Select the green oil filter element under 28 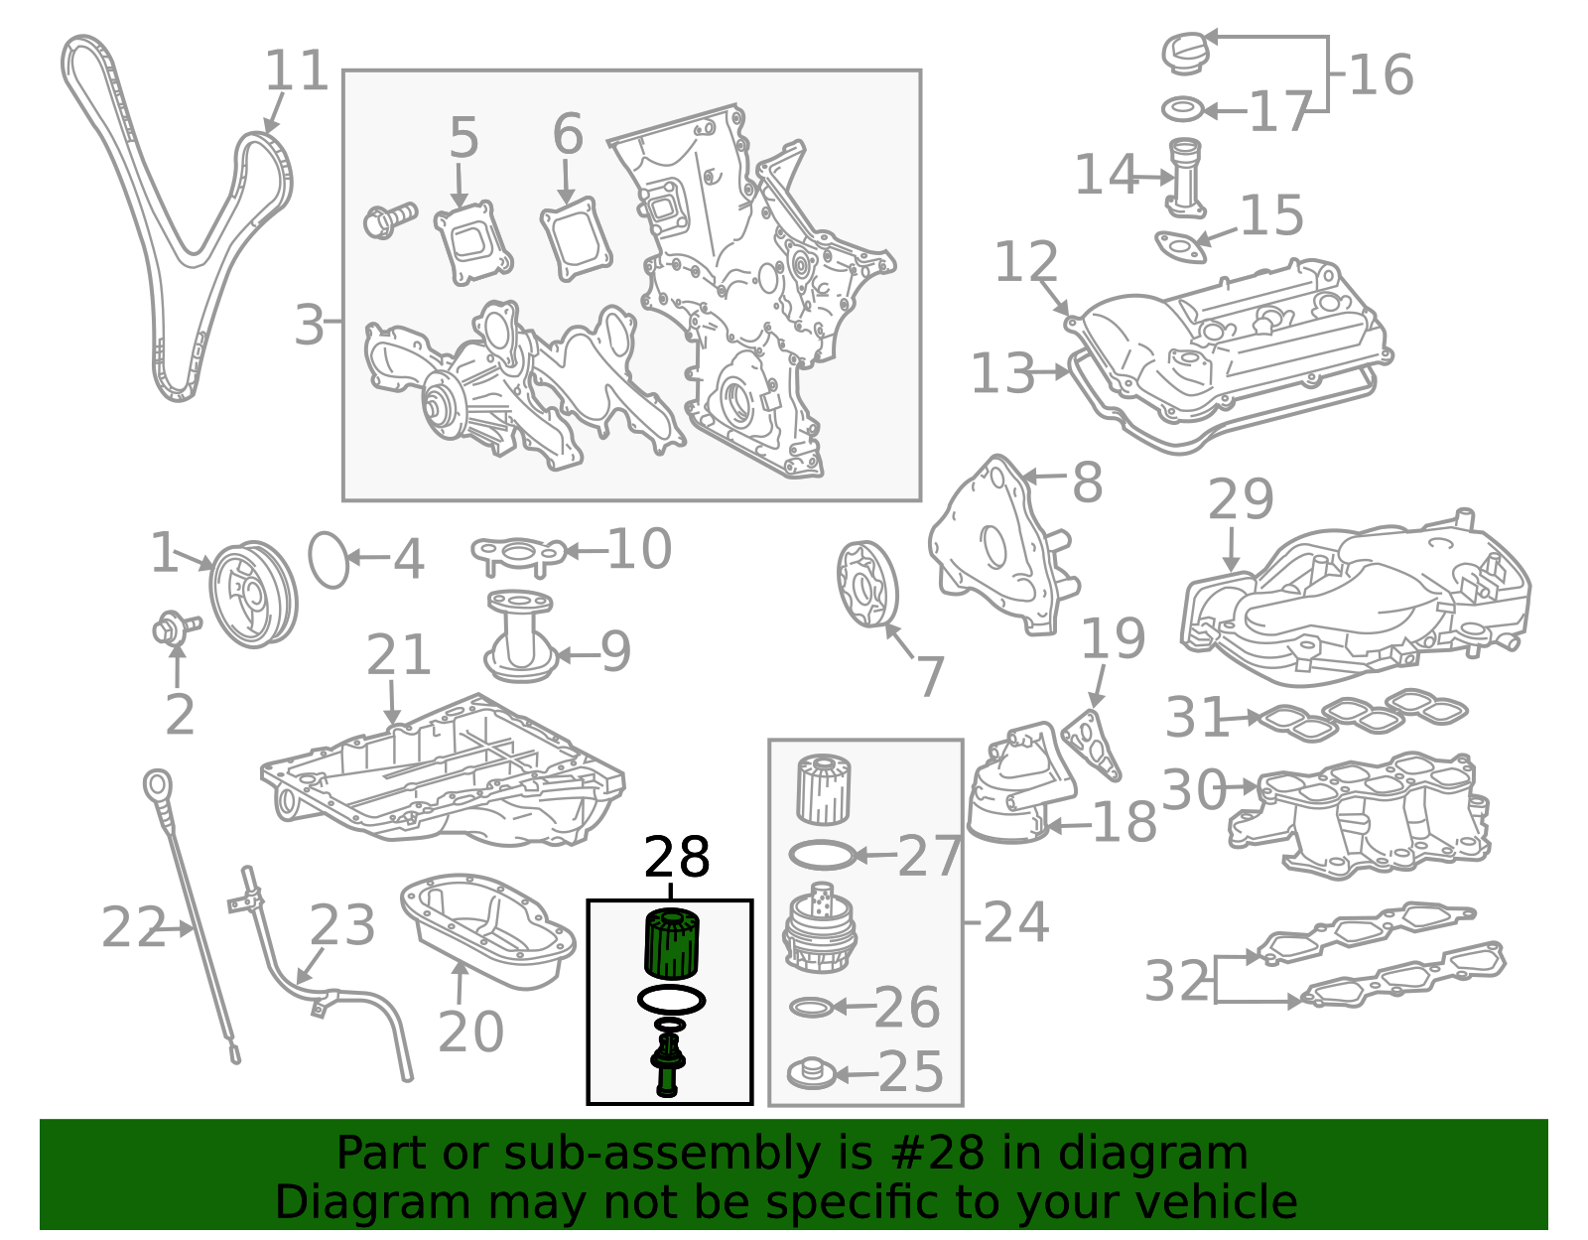tap(672, 942)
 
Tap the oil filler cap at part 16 tap(1185, 53)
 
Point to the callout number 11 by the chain tap(296, 70)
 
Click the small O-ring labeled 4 tap(329, 561)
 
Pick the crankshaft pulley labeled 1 tap(253, 594)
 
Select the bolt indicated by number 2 tap(176, 628)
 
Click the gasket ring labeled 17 tap(1182, 109)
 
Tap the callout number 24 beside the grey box tap(1015, 922)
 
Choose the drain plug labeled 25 tap(811, 1074)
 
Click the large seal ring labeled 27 tap(822, 855)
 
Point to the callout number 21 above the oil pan tap(398, 655)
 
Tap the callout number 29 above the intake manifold tap(1241, 499)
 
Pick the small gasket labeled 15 tap(1180, 247)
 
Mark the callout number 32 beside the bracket tap(1176, 981)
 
